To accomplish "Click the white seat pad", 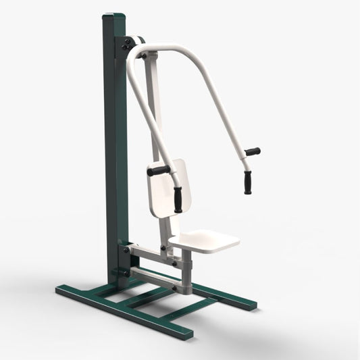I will click(205, 239).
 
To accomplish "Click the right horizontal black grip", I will click(253, 152).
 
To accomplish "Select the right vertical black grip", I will click(248, 182).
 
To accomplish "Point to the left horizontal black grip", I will click(159, 171).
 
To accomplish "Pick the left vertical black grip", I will click(178, 199).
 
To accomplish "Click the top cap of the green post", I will click(115, 16).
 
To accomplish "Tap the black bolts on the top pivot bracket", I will click(126, 45).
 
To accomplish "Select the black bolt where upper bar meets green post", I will click(126, 250).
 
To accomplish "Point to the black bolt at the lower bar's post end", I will click(125, 272).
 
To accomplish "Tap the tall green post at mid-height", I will click(115, 149).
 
